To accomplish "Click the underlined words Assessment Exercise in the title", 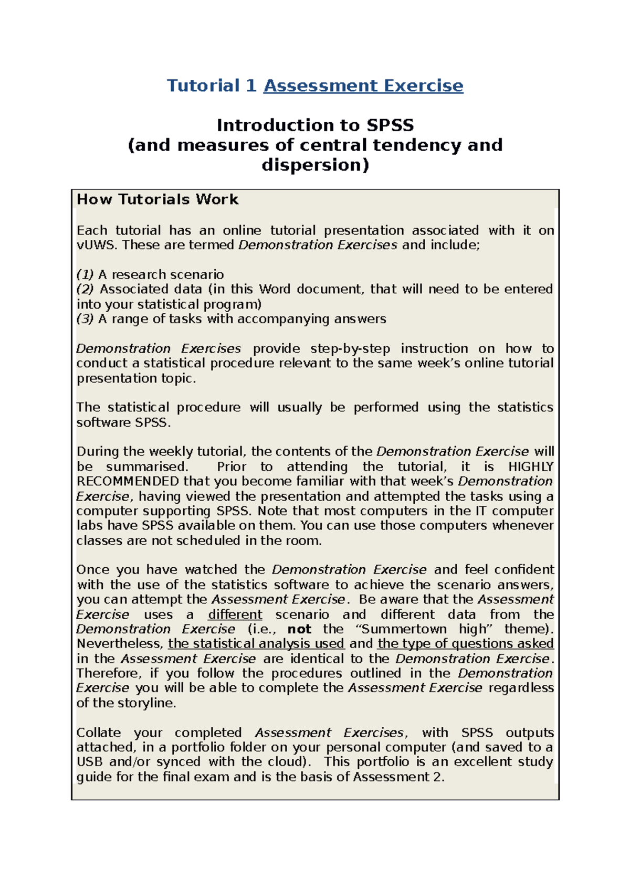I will pyautogui.click(x=363, y=86).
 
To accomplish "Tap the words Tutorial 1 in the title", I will pyautogui.click(x=211, y=86).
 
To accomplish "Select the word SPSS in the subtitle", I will pyautogui.click(x=390, y=125).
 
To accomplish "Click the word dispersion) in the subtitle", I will pyautogui.click(x=315, y=165).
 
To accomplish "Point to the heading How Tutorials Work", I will pyautogui.click(x=157, y=199).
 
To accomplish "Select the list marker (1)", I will pyautogui.click(x=85, y=274).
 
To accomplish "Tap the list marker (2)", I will pyautogui.click(x=85, y=289).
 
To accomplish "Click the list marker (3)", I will pyautogui.click(x=85, y=319).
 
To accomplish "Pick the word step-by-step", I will pyautogui.click(x=350, y=349).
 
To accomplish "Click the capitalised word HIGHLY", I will pyautogui.click(x=531, y=467).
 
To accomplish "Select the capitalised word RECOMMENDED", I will pyautogui.click(x=128, y=482).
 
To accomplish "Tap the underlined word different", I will pyautogui.click(x=235, y=614).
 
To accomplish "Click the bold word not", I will pyautogui.click(x=299, y=629).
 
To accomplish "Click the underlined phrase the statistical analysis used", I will pyautogui.click(x=256, y=644).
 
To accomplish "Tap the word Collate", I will pyautogui.click(x=99, y=733).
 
